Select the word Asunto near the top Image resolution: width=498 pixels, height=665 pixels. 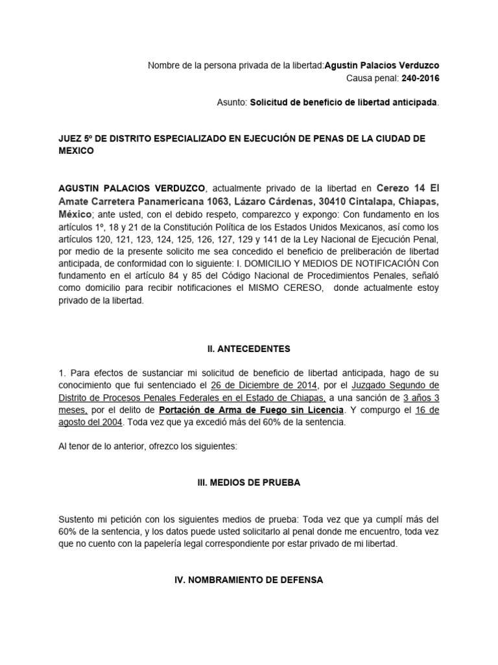tap(231, 103)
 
